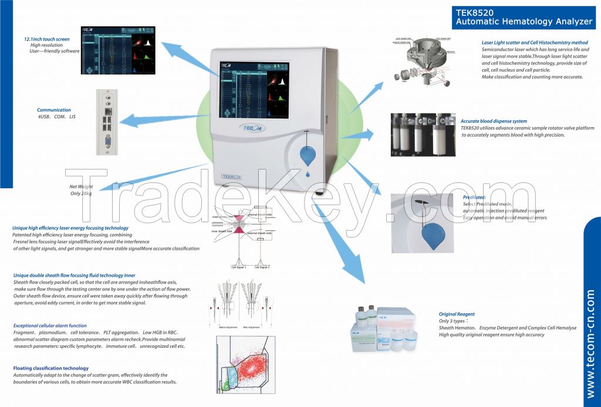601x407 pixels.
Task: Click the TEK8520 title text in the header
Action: [x=474, y=11]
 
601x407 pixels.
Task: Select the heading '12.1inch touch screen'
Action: [x=43, y=39]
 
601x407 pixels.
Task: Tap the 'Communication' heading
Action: [x=54, y=110]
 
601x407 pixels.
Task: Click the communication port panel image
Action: [x=106, y=121]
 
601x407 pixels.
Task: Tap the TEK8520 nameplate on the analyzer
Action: [x=231, y=176]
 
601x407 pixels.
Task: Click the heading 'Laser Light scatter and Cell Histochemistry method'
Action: [x=535, y=43]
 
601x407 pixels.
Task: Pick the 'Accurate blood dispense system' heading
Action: [x=494, y=121]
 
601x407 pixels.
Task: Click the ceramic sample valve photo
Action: [x=423, y=135]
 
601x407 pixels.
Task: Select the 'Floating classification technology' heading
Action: [x=51, y=368]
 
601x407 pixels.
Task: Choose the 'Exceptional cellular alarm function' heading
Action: [x=50, y=325]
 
